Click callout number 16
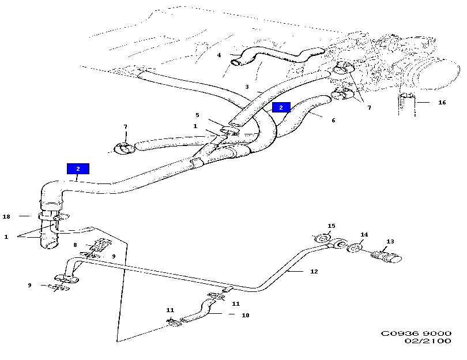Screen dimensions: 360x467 tap(442, 103)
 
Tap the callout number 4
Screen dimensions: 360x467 tap(219, 55)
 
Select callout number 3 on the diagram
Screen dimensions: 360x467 tap(247, 87)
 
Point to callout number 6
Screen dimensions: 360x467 tap(333, 121)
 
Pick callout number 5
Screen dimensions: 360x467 tap(197, 115)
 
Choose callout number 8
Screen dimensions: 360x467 tap(76, 245)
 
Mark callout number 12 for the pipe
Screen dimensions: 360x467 tap(314, 271)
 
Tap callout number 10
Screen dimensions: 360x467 tap(246, 316)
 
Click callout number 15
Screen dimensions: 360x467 tap(331, 226)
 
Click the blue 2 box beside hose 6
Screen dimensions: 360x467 tap(281, 107)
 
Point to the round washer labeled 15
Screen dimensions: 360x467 tap(323, 238)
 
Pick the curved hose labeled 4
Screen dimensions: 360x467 tap(271, 56)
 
